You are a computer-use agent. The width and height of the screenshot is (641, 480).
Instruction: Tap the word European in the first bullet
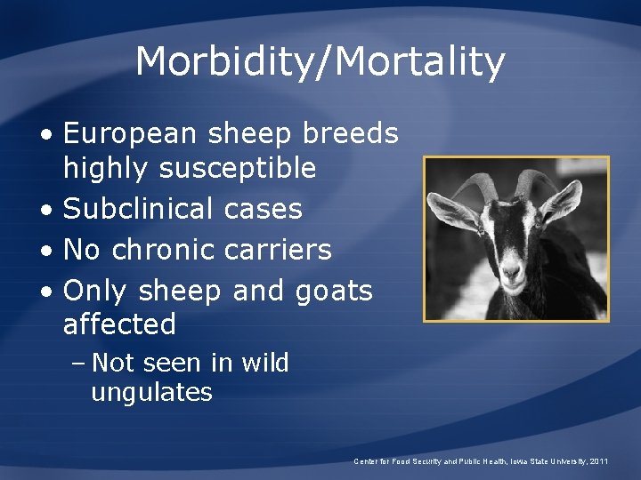point(129,134)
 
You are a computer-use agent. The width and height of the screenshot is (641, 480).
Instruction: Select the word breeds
point(351,134)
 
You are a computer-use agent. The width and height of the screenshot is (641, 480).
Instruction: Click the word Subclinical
point(138,210)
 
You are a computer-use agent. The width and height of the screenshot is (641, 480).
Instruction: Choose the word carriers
point(277,251)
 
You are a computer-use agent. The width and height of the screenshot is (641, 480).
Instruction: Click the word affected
point(119,324)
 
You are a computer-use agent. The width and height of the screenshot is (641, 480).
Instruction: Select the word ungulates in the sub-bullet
point(151,393)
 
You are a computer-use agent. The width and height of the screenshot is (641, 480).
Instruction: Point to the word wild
point(263,364)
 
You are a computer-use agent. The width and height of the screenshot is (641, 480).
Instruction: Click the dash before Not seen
point(78,364)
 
